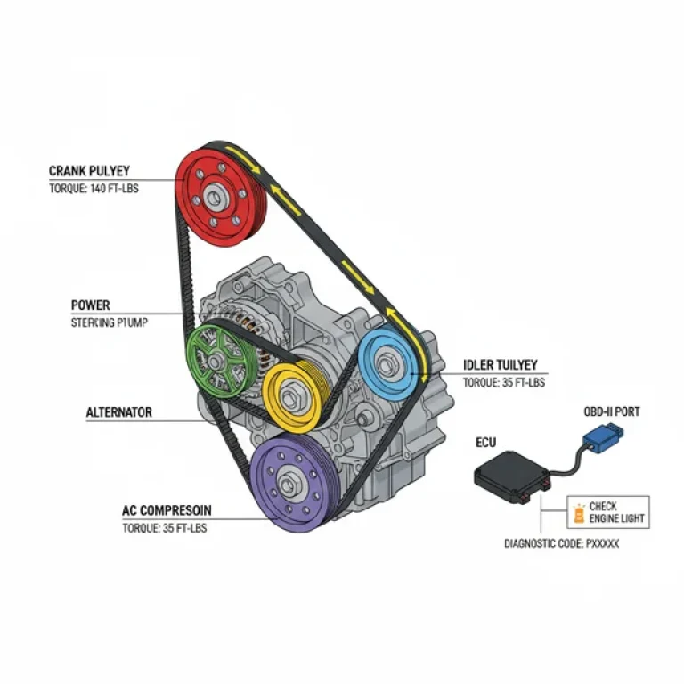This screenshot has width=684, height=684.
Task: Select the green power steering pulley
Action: [217, 359]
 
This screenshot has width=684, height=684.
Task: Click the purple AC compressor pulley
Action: [288, 482]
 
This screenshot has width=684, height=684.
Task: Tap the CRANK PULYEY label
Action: [89, 170]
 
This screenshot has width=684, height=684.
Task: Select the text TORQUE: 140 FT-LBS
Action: [92, 189]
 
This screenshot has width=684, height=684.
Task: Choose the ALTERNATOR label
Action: [118, 412]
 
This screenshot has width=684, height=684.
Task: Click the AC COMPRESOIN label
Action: [167, 511]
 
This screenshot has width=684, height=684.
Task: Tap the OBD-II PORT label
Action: [607, 411]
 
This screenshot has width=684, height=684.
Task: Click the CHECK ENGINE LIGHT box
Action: [608, 513]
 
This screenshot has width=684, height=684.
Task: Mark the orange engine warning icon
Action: [579, 513]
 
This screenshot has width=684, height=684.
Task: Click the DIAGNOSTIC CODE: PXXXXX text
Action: [561, 542]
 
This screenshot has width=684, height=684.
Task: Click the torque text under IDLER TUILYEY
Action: [503, 383]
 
